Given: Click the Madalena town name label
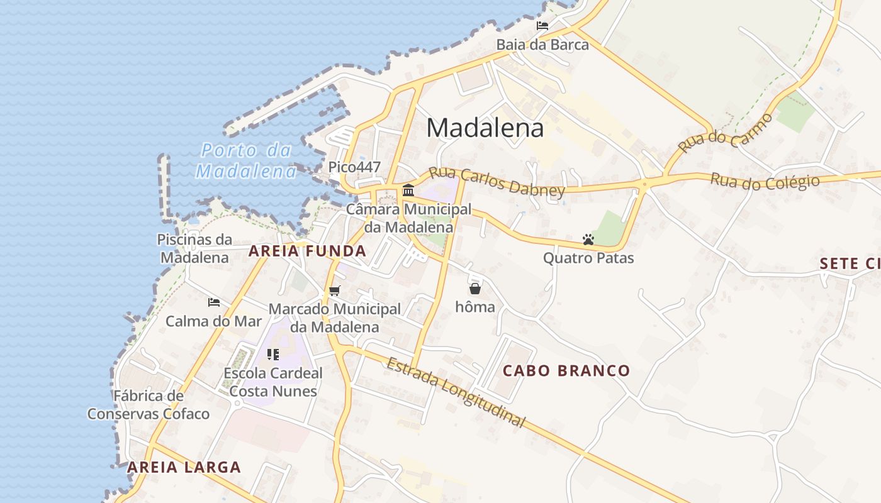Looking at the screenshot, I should pyautogui.click(x=485, y=128).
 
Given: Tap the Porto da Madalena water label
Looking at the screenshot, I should pyautogui.click(x=246, y=160).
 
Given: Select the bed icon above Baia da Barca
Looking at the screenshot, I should pyautogui.click(x=542, y=26).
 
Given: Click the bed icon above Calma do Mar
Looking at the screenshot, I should pyautogui.click(x=214, y=302).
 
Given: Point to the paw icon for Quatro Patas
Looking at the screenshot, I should pyautogui.click(x=588, y=240).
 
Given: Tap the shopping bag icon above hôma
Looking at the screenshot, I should pyautogui.click(x=474, y=289).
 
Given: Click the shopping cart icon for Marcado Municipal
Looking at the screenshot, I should pyautogui.click(x=334, y=291).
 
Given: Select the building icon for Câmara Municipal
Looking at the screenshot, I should pyautogui.click(x=408, y=190).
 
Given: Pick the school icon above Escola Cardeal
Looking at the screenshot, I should pyautogui.click(x=272, y=355).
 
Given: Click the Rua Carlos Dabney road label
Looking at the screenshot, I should pyautogui.click(x=497, y=182).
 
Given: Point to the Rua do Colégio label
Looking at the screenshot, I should pyautogui.click(x=765, y=182).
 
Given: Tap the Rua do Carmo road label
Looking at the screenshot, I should pyautogui.click(x=725, y=133).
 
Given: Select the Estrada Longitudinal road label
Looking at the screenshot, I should pyautogui.click(x=456, y=392).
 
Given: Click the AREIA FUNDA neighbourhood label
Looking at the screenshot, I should pyautogui.click(x=307, y=251).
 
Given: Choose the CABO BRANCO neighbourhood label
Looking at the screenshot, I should pyautogui.click(x=566, y=370).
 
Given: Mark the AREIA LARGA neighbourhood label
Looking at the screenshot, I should pyautogui.click(x=184, y=467).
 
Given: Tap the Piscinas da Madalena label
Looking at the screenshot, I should pyautogui.click(x=194, y=248).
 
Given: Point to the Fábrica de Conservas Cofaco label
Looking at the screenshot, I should pyautogui.click(x=149, y=404).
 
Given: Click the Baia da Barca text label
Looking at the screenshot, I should pyautogui.click(x=542, y=45).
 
